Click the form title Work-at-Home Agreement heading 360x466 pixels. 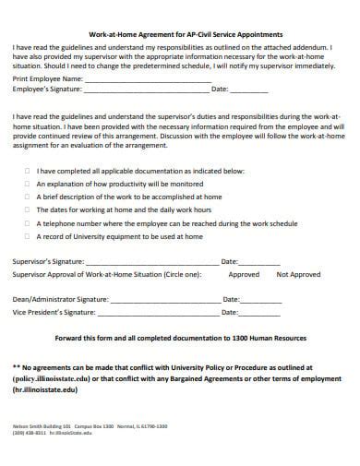point(179,34)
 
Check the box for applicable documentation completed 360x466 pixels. point(28,171)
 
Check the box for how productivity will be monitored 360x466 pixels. point(28,184)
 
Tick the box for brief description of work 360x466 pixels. point(28,197)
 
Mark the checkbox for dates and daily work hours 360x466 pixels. point(28,209)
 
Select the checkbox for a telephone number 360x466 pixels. point(28,223)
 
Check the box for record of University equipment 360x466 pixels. point(28,236)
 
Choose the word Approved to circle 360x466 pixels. point(244,274)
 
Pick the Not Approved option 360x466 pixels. point(298,274)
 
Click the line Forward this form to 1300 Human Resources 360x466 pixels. point(180,337)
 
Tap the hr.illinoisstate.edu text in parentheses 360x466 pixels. point(46,388)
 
